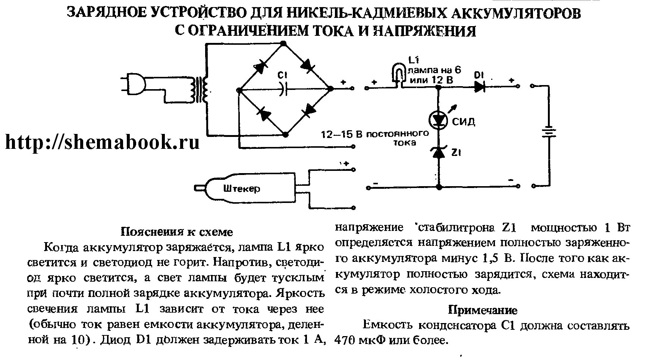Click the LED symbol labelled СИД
click(x=438, y=120)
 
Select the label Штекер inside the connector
click(x=242, y=189)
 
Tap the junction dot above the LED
click(x=439, y=88)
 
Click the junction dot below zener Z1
click(x=439, y=186)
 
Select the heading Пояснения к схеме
click(x=177, y=232)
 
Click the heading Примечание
click(x=482, y=310)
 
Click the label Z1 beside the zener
click(x=457, y=153)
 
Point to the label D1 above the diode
click(x=479, y=75)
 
